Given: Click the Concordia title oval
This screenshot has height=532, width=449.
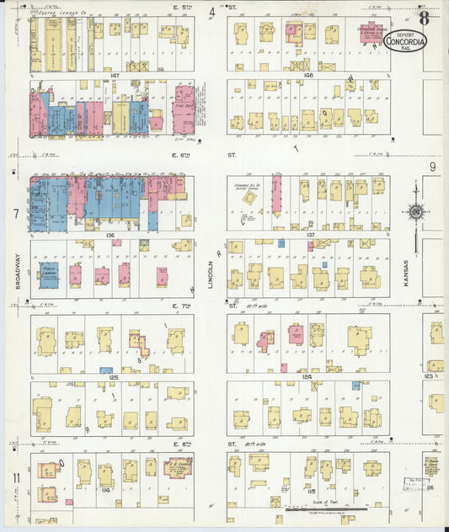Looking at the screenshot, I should [405, 39].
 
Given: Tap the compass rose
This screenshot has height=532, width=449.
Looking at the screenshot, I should [414, 211].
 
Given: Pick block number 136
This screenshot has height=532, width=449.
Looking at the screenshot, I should [110, 236].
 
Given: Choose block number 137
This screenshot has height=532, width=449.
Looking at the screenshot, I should [310, 235].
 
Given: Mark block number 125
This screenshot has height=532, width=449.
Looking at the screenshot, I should [112, 377].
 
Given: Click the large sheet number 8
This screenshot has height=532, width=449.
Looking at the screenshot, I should [424, 16].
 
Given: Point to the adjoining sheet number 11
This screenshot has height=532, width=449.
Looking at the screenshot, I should [16, 478].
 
